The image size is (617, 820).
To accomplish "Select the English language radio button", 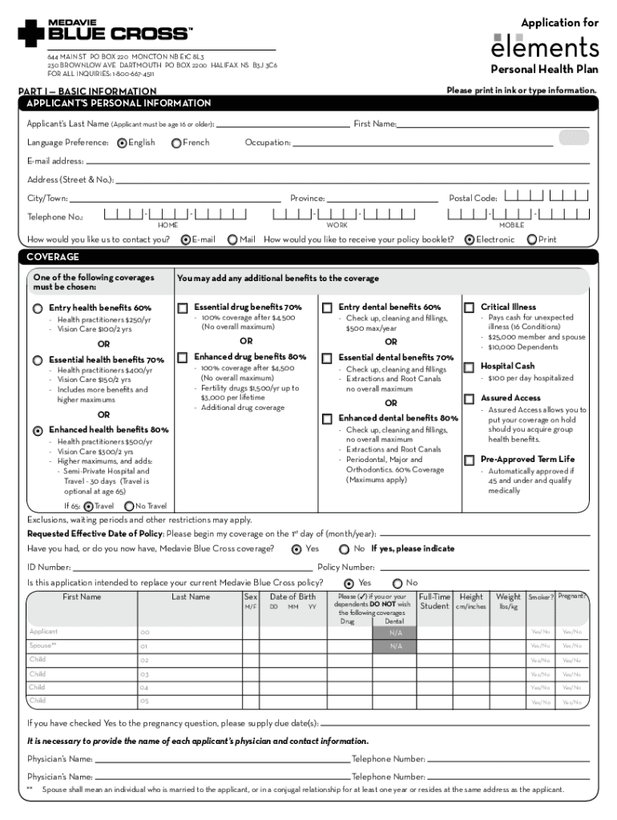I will (122, 143).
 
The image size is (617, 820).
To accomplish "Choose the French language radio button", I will (176, 143).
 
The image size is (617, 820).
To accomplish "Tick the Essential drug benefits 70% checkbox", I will (183, 307).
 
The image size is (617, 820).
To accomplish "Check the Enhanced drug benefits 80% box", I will (183, 356).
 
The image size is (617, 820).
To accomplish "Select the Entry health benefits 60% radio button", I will (38, 308).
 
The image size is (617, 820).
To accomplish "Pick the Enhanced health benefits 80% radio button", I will (38, 430).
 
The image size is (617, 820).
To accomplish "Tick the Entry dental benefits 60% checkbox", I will (328, 307).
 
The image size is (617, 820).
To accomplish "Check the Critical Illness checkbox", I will (470, 307).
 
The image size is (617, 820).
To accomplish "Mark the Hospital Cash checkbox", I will (470, 367).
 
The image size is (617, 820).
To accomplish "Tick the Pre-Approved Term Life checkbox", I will (470, 460).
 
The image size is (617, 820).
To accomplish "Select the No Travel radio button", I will (129, 506).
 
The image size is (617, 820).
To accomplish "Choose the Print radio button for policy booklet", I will (532, 239).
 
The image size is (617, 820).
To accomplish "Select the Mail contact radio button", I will (233, 239).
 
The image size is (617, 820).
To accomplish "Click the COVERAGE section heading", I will (53, 257).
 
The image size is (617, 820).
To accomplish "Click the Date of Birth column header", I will (292, 597).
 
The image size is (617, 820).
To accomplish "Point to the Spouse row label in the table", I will (42, 645).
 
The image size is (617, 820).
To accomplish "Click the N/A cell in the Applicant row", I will (396, 633).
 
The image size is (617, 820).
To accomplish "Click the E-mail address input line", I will (337, 161).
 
